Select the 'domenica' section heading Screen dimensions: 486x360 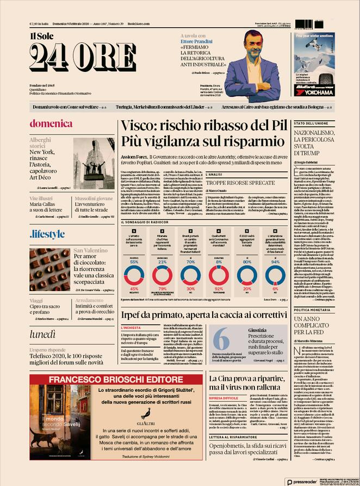point(51,124)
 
